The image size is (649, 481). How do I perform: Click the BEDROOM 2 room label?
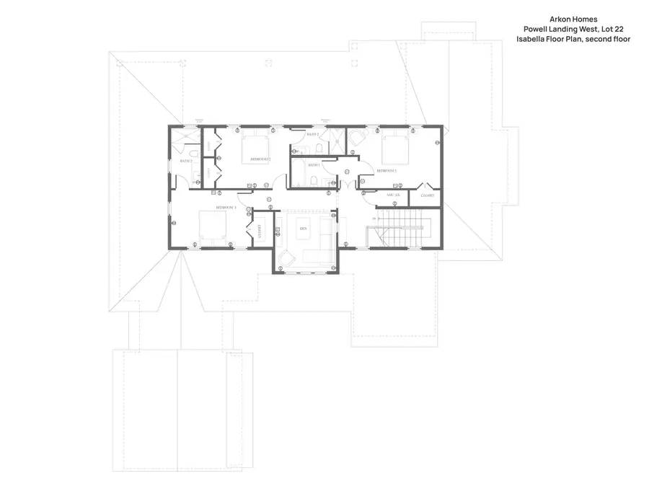coord(259,158)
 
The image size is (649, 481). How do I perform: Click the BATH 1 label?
coord(314,165)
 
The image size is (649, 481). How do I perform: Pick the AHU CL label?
coord(393,195)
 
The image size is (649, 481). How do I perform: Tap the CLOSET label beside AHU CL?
coord(428,195)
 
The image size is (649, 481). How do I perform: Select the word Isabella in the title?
coord(531,39)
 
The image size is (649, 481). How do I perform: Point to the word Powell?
coord(537,29)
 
